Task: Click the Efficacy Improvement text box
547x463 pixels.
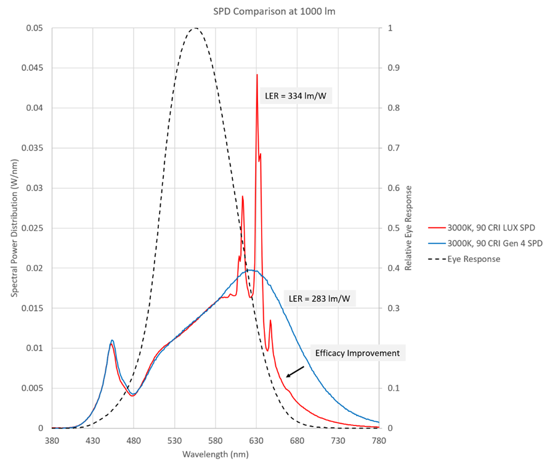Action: (x=357, y=353)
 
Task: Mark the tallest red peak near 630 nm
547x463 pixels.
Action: (x=257, y=75)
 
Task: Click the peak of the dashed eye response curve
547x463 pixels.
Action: (x=195, y=28)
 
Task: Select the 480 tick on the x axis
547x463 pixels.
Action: (x=134, y=441)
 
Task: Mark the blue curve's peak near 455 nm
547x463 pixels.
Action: (x=112, y=340)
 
